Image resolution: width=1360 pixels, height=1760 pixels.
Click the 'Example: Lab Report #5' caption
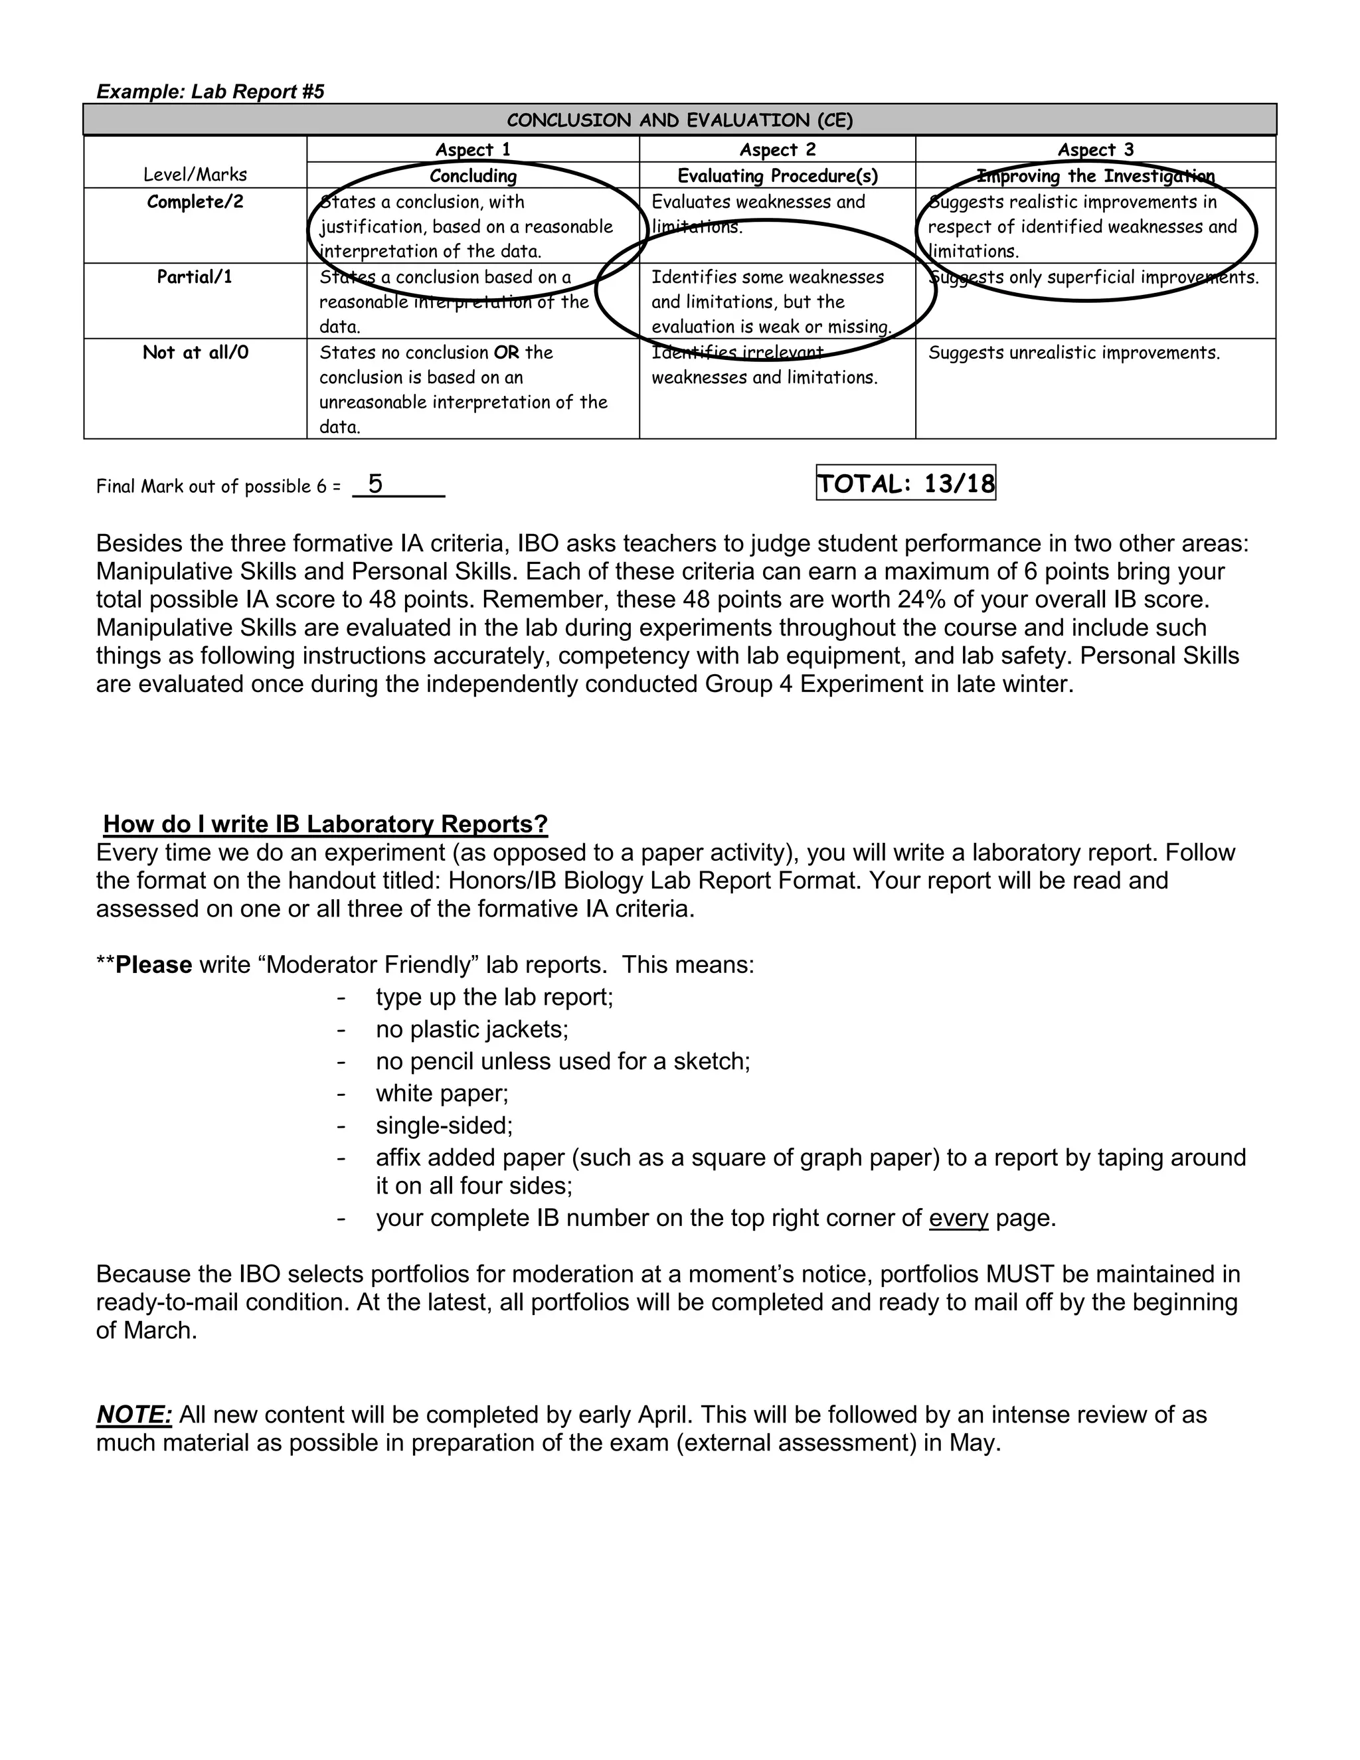tap(211, 91)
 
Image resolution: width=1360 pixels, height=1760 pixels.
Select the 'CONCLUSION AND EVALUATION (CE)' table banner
tap(679, 120)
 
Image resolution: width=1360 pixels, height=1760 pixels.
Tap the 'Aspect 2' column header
tap(777, 150)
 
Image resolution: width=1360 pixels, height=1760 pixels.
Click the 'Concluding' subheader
tap(473, 176)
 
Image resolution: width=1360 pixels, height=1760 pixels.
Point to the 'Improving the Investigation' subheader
tap(1095, 176)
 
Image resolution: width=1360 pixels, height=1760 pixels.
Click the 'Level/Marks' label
tap(195, 175)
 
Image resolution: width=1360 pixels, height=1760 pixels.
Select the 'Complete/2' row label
tap(195, 201)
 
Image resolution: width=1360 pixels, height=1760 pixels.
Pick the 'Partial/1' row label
tap(195, 277)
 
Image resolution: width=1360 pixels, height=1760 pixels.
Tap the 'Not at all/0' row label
tap(195, 352)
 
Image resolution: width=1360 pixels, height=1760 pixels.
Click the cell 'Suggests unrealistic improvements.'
tap(1073, 353)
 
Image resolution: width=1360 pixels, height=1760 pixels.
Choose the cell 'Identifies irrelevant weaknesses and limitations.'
tap(763, 365)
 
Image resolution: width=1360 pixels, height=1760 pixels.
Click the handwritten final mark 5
tap(375, 484)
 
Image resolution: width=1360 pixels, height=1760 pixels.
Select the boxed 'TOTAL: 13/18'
tap(906, 484)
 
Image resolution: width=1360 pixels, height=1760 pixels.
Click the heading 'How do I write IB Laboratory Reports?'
tap(325, 824)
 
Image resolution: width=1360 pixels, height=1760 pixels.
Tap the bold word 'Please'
tap(154, 964)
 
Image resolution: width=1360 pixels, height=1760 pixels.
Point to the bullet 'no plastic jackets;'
tap(472, 1029)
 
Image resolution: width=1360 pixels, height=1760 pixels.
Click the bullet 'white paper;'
tap(442, 1094)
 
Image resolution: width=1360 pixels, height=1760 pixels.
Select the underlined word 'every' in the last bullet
tap(958, 1217)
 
